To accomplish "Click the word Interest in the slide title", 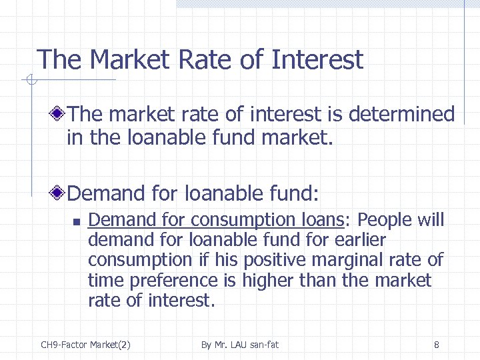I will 317,60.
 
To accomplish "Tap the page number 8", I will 436,345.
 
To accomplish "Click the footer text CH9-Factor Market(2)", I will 85,345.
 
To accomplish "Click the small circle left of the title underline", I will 29,81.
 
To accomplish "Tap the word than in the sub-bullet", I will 320,281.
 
